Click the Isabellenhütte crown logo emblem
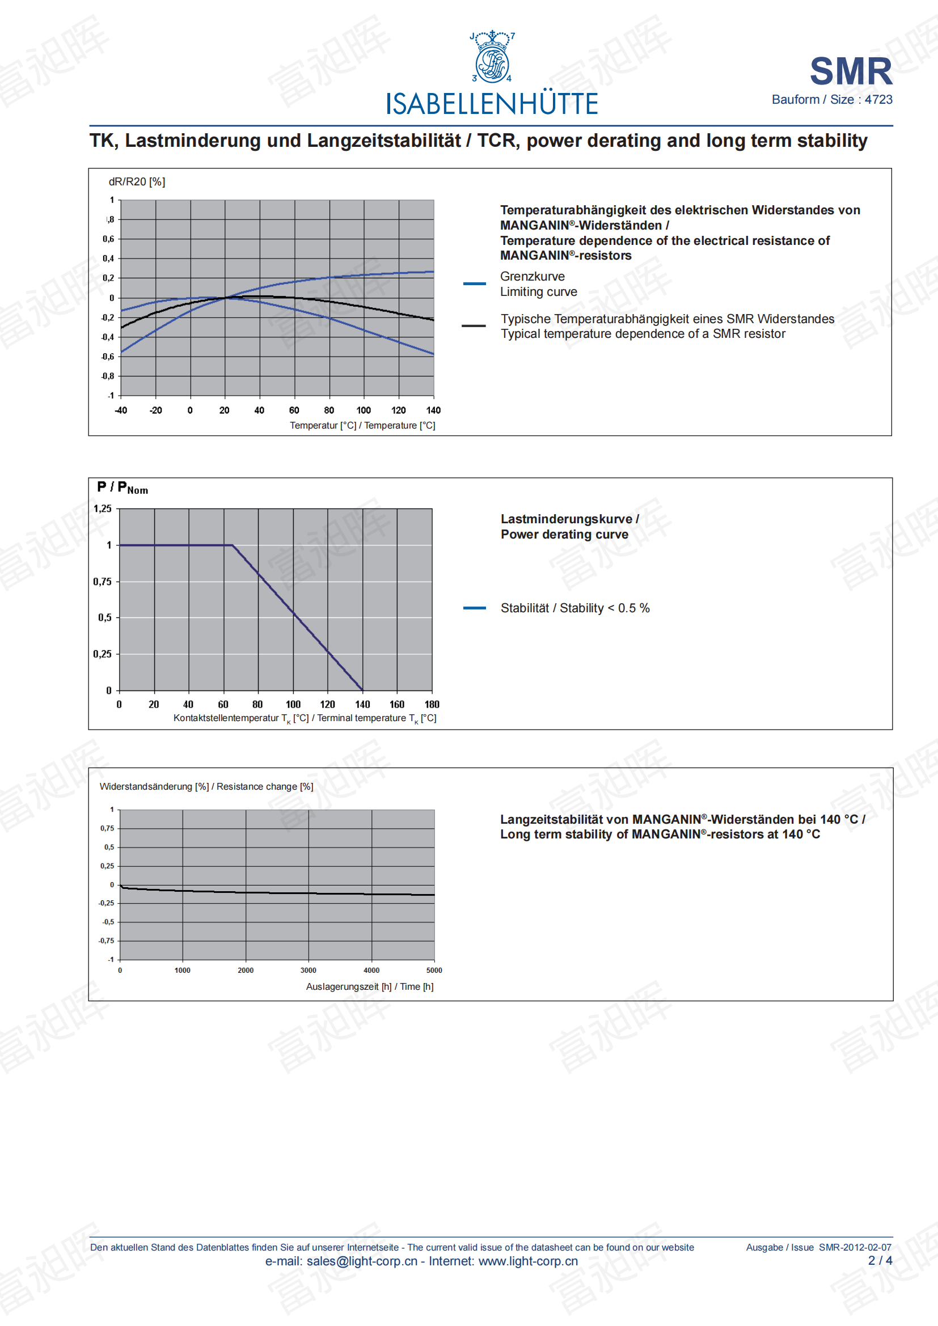click(492, 57)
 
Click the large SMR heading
click(851, 71)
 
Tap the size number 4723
click(878, 100)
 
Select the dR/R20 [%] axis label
click(137, 182)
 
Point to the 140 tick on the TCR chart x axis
click(433, 410)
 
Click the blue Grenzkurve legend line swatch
click(474, 283)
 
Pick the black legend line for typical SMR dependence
click(474, 327)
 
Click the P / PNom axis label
click(122, 488)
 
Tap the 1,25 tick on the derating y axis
click(103, 509)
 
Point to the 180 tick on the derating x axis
click(432, 705)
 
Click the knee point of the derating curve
click(232, 545)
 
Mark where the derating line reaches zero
click(362, 690)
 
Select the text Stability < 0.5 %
click(604, 608)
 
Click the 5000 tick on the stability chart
click(434, 971)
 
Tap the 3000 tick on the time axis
click(309, 971)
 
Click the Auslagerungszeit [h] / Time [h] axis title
click(370, 987)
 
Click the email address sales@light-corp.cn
click(362, 1261)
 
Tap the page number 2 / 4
click(880, 1261)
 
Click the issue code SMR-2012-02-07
click(855, 1247)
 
